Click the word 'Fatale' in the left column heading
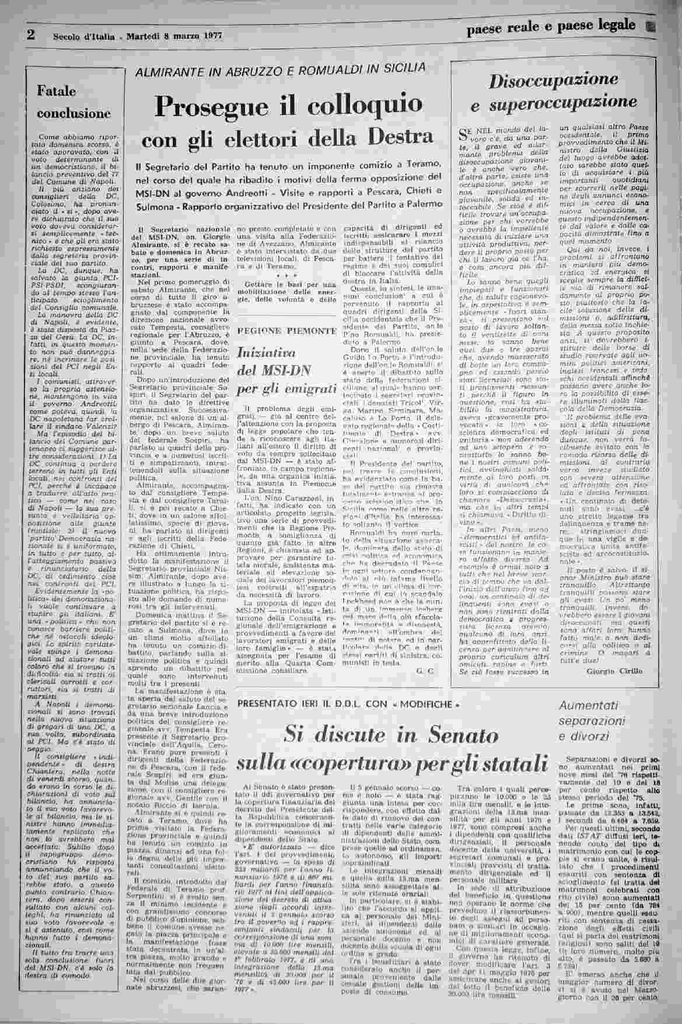57,91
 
